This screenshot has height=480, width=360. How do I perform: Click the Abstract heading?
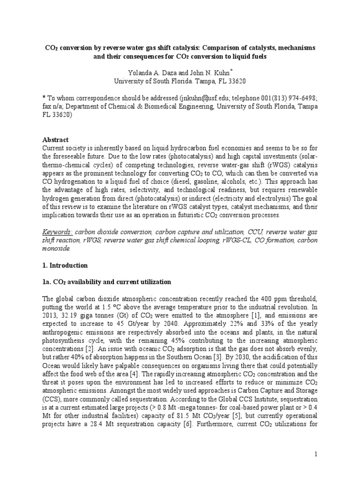click(55, 140)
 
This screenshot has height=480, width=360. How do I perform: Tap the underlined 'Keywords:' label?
click(57, 232)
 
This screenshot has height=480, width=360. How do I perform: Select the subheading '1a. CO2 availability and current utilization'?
click(107, 282)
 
